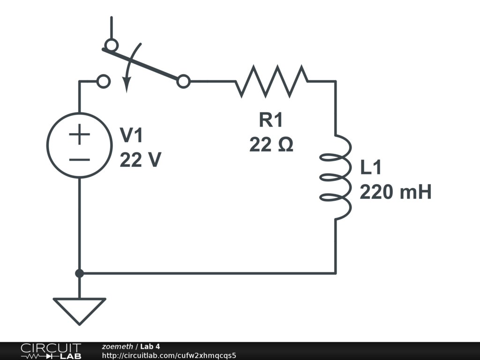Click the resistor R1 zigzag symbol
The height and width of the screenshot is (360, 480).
tap(271, 82)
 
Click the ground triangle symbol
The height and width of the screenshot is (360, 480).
tap(79, 310)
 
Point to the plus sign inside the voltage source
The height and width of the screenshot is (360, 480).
tap(80, 135)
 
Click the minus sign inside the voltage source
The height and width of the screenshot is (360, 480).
tap(80, 160)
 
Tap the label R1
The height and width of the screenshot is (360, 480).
tap(271, 120)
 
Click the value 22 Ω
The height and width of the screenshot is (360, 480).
tap(271, 145)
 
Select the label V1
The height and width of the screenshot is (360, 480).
tap(132, 136)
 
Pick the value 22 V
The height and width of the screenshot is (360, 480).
tap(140, 160)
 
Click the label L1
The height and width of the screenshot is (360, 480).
tap(372, 167)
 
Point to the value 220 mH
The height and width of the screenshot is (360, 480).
tap(395, 192)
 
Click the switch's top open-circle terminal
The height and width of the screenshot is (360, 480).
tap(111, 45)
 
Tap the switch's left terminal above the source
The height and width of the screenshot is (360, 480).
tap(103, 82)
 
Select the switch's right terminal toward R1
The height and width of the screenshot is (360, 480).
tap(184, 82)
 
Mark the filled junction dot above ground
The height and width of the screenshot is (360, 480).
tap(80, 273)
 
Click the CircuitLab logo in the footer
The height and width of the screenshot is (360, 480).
tap(51, 351)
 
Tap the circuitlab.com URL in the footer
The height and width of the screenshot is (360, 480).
tap(169, 355)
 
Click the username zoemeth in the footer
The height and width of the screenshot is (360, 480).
tap(117, 346)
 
